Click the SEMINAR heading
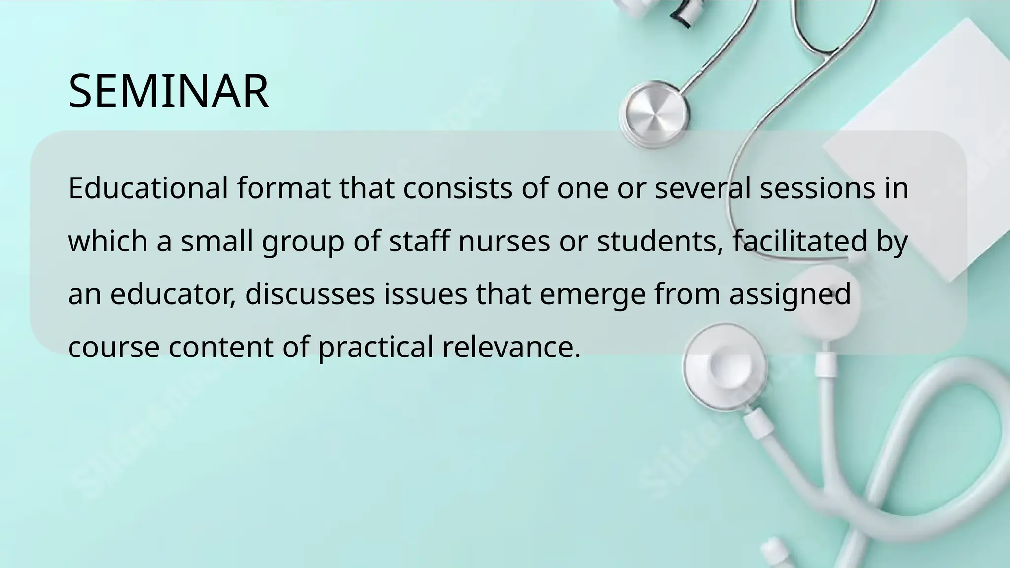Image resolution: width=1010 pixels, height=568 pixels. click(x=168, y=91)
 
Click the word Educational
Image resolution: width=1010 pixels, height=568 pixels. click(x=148, y=188)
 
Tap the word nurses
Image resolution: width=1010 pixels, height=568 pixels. click(x=504, y=241)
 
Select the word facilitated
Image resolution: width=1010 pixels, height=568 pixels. click(x=800, y=241)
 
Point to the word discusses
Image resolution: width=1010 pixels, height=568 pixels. click(x=310, y=294)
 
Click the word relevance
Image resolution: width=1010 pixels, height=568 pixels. click(x=511, y=348)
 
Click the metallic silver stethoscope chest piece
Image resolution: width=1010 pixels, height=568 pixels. click(x=654, y=115)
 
